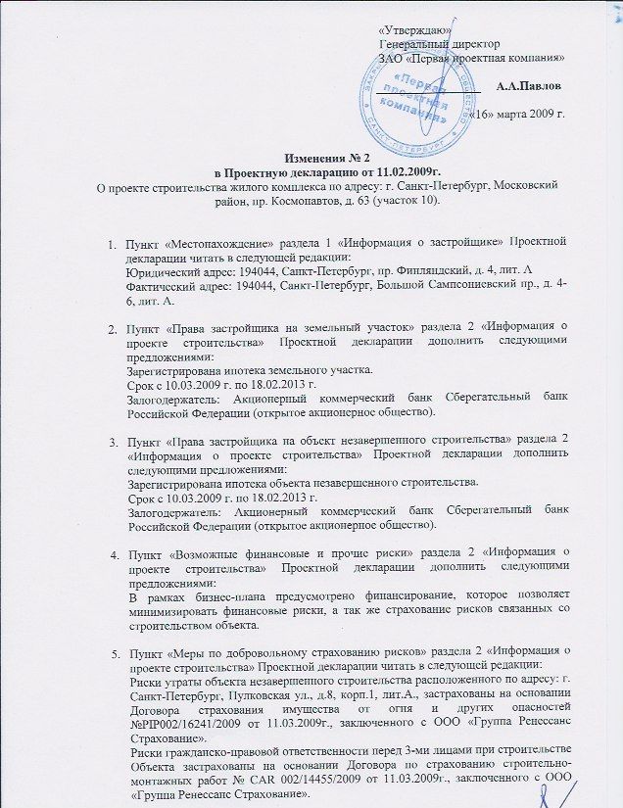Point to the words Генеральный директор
point(439,45)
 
